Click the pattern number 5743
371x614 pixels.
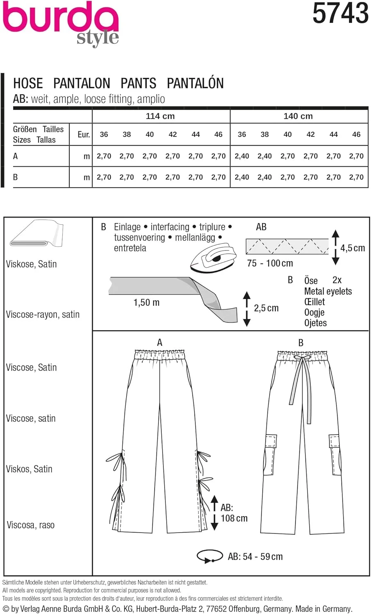tap(340, 13)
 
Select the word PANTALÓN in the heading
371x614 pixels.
tap(195, 83)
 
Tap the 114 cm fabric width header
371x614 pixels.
tap(160, 116)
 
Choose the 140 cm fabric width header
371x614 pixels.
tap(298, 116)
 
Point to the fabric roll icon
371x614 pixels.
tap(36, 234)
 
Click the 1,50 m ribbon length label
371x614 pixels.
tap(146, 303)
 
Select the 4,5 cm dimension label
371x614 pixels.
tap(353, 248)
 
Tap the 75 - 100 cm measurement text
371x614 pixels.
tap(270, 263)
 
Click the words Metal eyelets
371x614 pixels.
tap(328, 291)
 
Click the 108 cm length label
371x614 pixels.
tap(234, 518)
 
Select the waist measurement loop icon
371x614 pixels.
tap(210, 556)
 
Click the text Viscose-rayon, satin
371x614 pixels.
tap(43, 315)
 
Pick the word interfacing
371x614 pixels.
tap(170, 227)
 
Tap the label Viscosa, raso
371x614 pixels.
tap(31, 525)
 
